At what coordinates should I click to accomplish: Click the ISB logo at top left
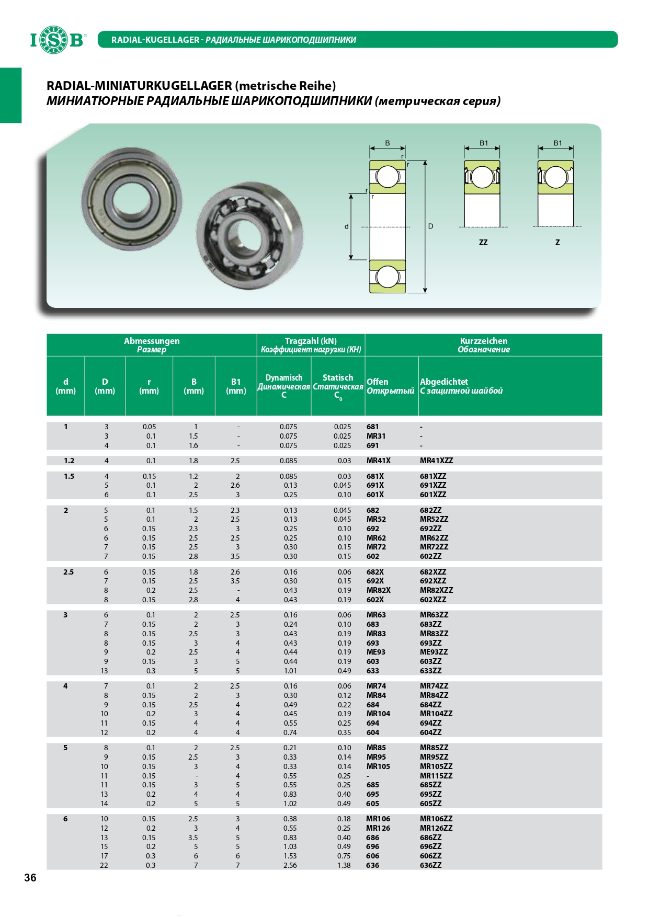tap(57, 40)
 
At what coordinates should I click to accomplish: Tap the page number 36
tap(30, 878)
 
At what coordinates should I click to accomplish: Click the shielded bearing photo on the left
tap(132, 198)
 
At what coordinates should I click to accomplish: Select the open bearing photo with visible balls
tap(249, 236)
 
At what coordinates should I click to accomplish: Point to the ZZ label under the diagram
tap(483, 243)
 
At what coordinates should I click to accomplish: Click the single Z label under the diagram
tap(557, 243)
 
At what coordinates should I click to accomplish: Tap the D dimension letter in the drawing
tap(430, 226)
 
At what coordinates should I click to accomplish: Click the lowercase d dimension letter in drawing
tap(346, 226)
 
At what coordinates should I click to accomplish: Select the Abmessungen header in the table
tap(152, 341)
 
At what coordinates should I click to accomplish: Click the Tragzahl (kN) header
tap(311, 341)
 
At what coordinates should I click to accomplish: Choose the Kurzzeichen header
tap(484, 341)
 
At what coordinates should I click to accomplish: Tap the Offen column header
tap(377, 382)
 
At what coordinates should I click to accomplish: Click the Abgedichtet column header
tap(444, 382)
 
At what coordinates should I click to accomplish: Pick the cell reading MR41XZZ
tap(436, 461)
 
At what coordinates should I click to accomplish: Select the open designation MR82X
tap(378, 590)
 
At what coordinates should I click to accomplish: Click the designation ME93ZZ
tap(434, 652)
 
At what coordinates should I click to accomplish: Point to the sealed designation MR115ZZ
tap(436, 776)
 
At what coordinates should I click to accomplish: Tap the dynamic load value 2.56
tap(290, 865)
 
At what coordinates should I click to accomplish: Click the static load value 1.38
tap(344, 865)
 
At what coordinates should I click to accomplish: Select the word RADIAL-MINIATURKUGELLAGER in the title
tap(139, 86)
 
